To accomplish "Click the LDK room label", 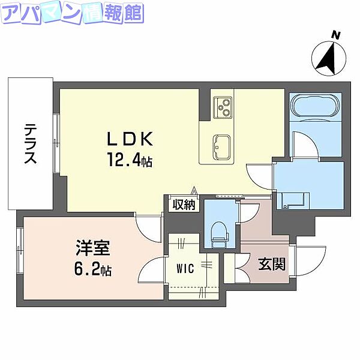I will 130,140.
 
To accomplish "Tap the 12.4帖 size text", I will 130,160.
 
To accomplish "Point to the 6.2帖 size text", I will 92,268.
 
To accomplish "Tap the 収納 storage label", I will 184,205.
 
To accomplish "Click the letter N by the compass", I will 337,36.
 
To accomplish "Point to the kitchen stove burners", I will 223,106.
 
